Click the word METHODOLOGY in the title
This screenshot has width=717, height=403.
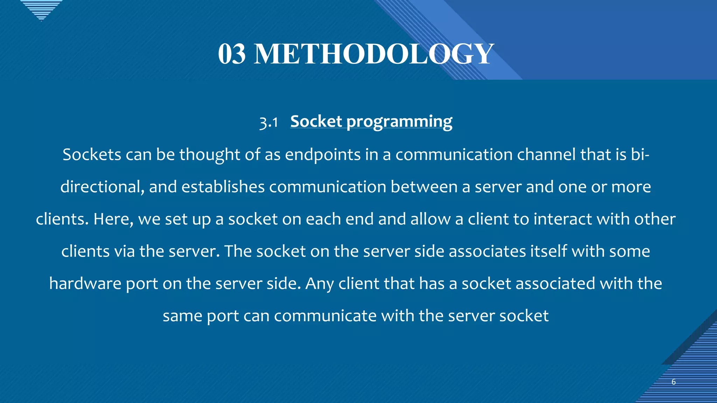374,54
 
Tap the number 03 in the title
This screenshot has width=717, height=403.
231,54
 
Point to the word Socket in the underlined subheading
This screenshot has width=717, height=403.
316,121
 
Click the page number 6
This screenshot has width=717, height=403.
673,382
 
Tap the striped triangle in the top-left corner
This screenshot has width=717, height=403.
41,9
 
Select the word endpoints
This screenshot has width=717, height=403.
322,155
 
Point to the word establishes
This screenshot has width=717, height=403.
223,187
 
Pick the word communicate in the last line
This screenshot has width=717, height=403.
325,316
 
